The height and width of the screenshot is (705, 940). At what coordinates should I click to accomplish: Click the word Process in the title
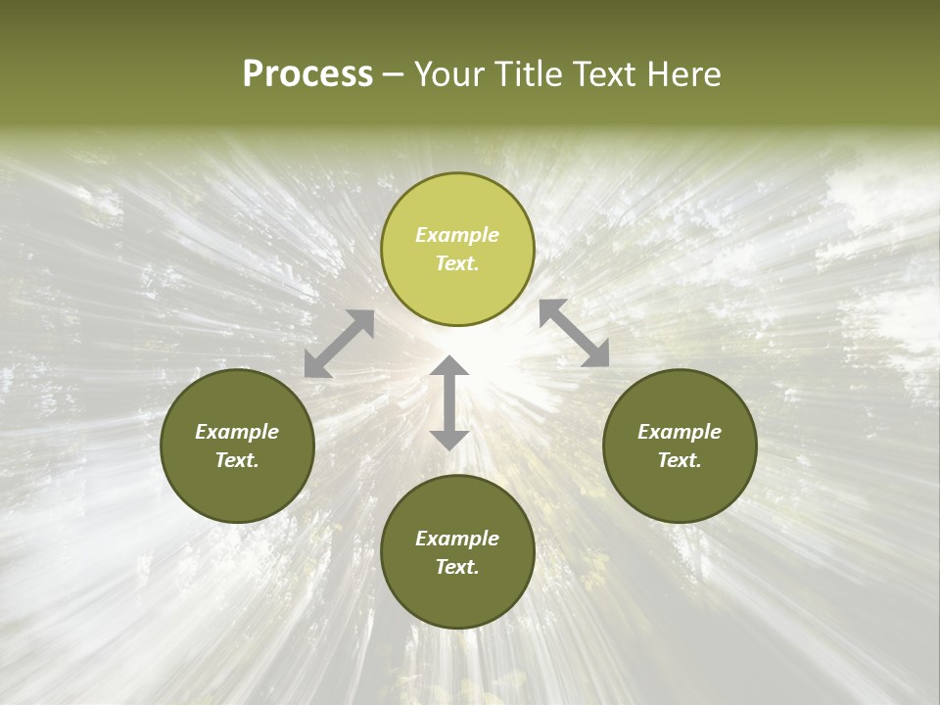coord(307,74)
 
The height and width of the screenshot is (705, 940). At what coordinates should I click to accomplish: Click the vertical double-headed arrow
coord(449,402)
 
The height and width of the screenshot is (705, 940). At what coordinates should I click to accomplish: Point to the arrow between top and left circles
coord(339,344)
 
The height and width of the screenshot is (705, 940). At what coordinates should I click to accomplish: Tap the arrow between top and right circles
coord(575,333)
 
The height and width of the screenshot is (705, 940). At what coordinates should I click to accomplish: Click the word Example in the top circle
coord(457,235)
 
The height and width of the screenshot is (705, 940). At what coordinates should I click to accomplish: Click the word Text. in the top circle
coord(457,263)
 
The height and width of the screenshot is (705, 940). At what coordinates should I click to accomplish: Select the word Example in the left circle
coord(237,432)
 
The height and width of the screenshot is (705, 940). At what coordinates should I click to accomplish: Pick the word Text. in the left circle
coord(237,460)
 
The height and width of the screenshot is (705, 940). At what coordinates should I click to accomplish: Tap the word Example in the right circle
coord(680,432)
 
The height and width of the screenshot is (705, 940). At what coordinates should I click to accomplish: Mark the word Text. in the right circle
coord(680,460)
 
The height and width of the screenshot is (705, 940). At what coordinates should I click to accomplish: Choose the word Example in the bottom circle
coord(457,539)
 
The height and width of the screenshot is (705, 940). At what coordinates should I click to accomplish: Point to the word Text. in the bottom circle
coord(457,567)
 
